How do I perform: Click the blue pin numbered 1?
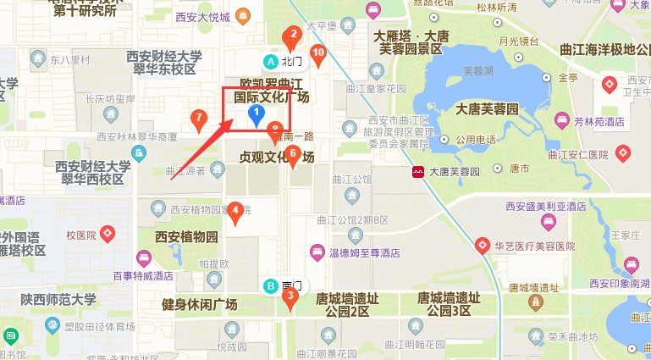point(255,115)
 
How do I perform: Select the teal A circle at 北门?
point(271,61)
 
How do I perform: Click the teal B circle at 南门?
point(271,286)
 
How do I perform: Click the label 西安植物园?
point(186,236)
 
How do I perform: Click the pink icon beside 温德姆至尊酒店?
point(316,251)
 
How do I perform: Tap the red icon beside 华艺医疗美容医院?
point(483,246)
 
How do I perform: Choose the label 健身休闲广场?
point(200,303)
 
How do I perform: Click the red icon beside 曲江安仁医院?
point(624,154)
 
